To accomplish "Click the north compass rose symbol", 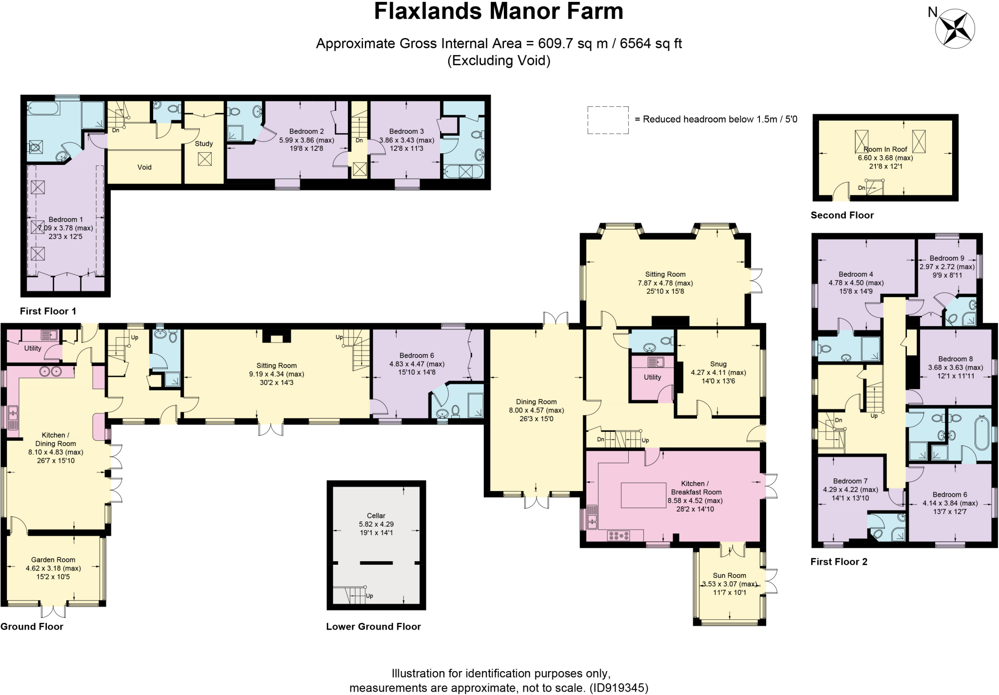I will (955, 28).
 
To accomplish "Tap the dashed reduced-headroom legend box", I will (608, 120).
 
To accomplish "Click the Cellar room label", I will (376, 515).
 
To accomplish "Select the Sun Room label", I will (729, 575).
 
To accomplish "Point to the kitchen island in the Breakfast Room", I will (643, 495).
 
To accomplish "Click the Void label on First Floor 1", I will (144, 167).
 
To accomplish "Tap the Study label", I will (204, 143).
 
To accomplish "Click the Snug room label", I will (718, 364).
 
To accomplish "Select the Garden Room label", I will (53, 560).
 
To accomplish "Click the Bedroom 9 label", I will (946, 258).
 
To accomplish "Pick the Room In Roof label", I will (885, 149).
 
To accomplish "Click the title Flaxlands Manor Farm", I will (499, 12).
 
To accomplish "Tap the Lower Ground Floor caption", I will (373, 627).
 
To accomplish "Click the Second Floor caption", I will (842, 215).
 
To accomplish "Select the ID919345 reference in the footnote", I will (618, 688).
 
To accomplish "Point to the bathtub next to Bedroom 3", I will (463, 172).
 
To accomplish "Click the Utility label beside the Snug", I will (652, 377).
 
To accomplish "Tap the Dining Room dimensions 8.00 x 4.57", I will (536, 410).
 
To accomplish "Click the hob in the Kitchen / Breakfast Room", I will (619, 536).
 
